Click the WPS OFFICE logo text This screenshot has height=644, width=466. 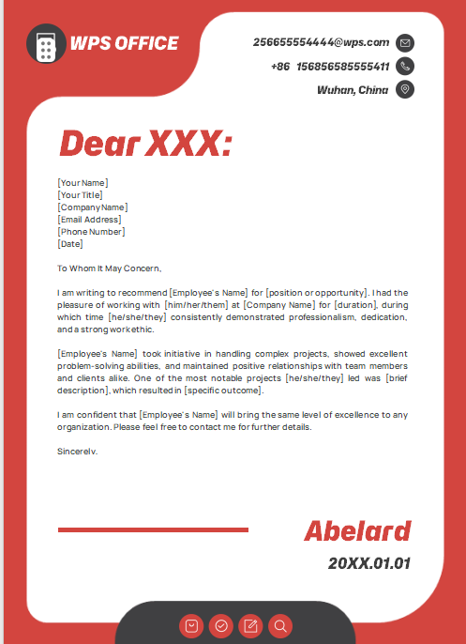124,43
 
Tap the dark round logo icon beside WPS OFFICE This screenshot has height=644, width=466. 46,43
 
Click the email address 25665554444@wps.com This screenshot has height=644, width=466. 321,42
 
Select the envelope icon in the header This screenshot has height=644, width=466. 405,42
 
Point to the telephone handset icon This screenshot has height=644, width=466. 405,66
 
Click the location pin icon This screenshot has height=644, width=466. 405,89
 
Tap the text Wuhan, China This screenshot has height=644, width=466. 353,90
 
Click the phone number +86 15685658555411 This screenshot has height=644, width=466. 329,67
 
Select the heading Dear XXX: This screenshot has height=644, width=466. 144,144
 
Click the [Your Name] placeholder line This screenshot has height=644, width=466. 83,182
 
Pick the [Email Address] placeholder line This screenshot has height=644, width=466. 89,219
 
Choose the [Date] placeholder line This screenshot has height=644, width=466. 70,243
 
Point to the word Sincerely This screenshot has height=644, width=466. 78,451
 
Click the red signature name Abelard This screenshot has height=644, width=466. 357,530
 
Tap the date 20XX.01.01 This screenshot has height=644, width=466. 368,563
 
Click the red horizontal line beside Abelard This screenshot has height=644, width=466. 153,530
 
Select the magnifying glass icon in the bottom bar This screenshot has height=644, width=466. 279,625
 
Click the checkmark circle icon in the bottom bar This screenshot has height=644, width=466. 221,625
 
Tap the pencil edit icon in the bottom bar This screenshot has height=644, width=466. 250,625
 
